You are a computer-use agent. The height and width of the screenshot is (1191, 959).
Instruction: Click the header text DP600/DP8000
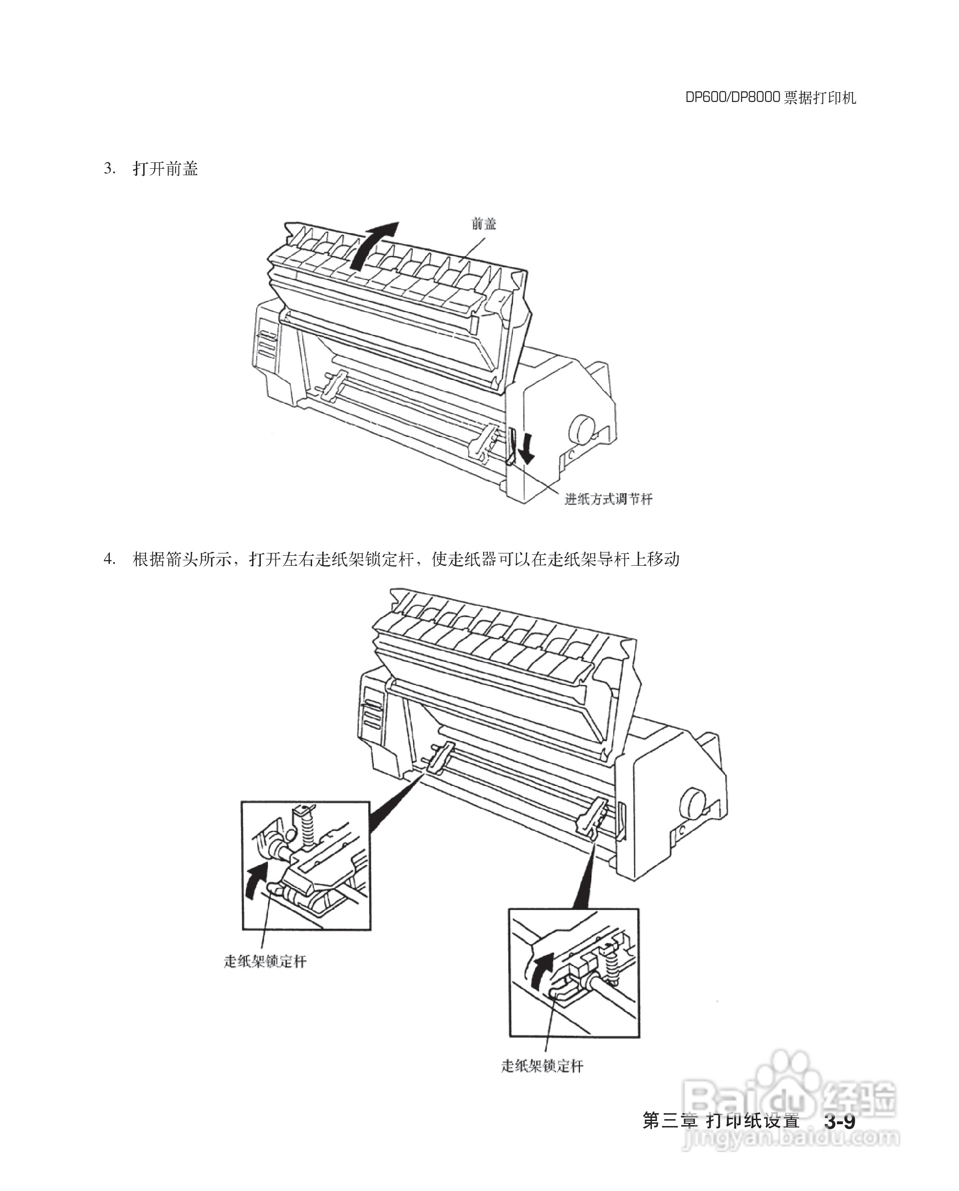(733, 98)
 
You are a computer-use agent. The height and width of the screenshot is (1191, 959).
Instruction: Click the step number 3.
(109, 168)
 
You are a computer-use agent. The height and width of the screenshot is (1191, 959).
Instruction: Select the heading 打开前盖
(165, 168)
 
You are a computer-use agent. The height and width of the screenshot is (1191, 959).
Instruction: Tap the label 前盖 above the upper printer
(484, 224)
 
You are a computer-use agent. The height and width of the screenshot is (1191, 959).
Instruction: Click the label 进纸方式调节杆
(608, 499)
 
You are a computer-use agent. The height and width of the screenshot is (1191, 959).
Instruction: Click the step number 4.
(109, 559)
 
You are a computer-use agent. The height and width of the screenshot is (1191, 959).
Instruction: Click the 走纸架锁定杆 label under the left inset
(265, 962)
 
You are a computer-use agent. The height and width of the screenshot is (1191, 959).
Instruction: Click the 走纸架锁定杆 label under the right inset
(542, 1066)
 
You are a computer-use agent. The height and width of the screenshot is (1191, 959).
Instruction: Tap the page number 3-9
(840, 1122)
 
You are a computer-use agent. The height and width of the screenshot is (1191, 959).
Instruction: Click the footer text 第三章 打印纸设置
(722, 1122)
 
